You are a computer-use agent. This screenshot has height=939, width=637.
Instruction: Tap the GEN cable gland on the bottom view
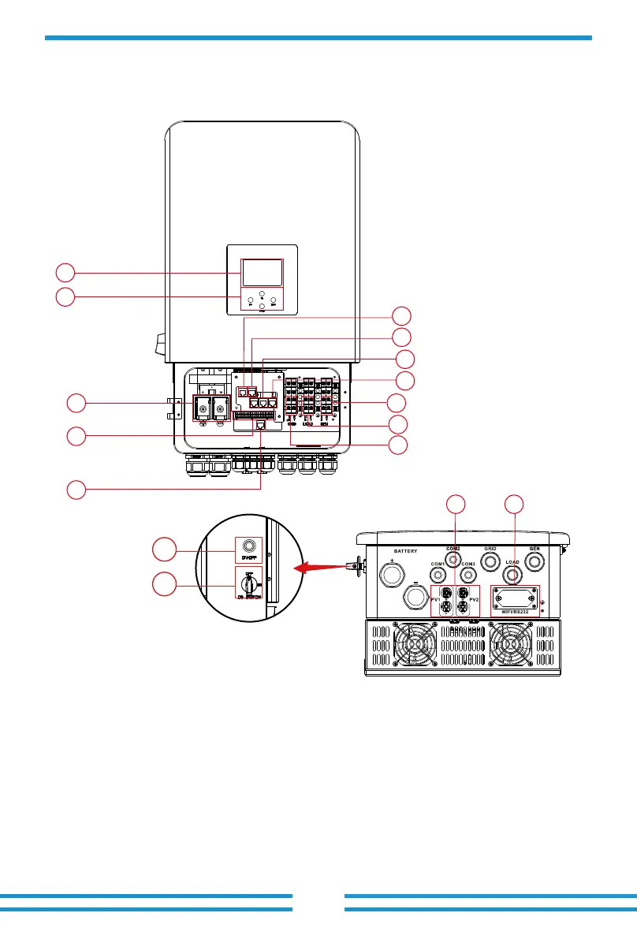534,559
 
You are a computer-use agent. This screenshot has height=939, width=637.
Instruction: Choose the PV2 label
474,601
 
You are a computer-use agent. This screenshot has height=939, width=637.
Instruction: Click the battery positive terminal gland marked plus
390,572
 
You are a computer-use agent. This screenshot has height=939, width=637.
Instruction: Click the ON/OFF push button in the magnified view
249,546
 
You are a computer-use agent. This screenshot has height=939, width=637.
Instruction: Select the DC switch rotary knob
248,584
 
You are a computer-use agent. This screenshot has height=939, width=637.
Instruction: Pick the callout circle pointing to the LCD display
65,273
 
